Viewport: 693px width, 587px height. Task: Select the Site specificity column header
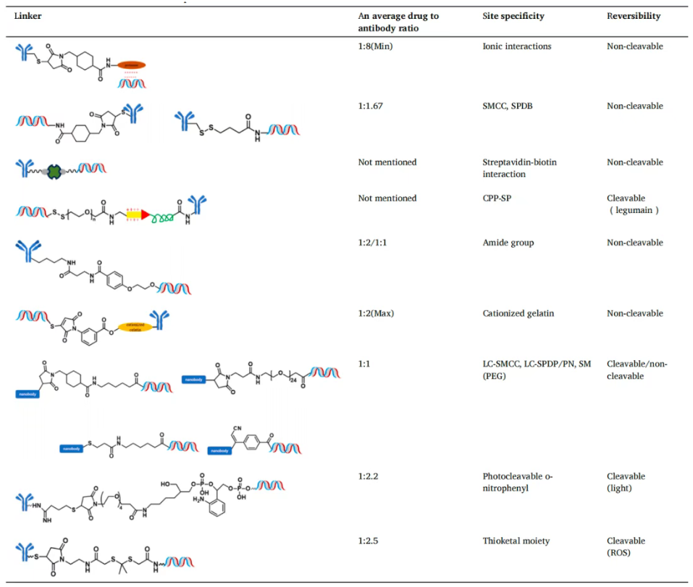[513, 16]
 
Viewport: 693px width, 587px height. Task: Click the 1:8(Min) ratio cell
[376, 46]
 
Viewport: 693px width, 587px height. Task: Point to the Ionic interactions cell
[517, 46]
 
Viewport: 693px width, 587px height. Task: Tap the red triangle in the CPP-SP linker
[146, 215]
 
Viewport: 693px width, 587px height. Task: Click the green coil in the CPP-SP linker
[164, 215]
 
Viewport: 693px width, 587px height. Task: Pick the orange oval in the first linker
[132, 64]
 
